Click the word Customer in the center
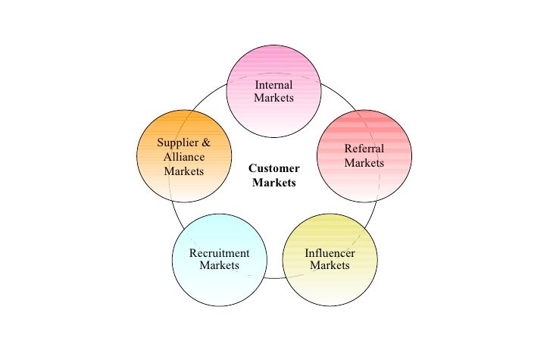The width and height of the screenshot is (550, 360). (274, 169)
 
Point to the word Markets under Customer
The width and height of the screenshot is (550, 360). (274, 182)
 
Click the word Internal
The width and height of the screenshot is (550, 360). (274, 85)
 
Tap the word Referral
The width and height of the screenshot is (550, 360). (364, 149)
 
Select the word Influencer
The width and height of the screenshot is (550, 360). (330, 253)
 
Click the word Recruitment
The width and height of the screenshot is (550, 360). (219, 253)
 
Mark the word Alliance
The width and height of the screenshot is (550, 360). (184, 157)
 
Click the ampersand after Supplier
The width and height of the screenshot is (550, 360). (205, 142)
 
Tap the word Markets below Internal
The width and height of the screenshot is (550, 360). (274, 98)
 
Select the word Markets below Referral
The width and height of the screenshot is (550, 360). (364, 162)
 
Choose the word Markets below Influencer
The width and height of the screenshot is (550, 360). (330, 266)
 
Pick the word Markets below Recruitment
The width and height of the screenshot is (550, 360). (219, 266)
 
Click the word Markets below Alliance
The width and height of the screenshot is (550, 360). (184, 171)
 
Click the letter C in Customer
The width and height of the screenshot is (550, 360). (253, 169)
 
